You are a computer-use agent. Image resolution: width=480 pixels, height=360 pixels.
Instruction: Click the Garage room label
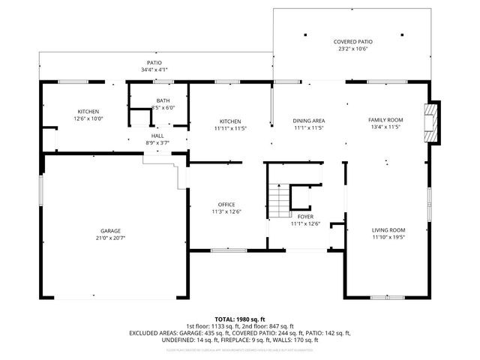(x=111, y=231)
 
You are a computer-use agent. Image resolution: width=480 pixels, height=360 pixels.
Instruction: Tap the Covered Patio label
(x=352, y=42)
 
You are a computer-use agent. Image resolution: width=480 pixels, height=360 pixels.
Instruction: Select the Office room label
(x=227, y=204)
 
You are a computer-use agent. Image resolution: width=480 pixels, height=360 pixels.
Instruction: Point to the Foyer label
(x=305, y=216)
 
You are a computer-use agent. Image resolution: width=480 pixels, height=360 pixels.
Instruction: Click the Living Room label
(x=388, y=230)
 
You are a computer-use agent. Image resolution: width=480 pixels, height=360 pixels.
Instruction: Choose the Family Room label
(x=385, y=120)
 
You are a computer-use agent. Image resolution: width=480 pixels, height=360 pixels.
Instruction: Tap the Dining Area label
(x=308, y=120)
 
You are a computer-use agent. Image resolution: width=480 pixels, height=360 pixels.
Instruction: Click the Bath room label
(x=163, y=100)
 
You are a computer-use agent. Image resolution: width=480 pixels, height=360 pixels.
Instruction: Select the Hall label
(x=157, y=136)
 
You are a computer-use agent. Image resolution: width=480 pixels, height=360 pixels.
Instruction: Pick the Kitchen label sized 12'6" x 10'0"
(x=88, y=118)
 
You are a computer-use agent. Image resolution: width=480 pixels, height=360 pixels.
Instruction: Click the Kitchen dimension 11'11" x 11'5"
(x=229, y=128)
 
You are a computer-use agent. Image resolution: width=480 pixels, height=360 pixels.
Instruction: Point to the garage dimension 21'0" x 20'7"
(x=111, y=238)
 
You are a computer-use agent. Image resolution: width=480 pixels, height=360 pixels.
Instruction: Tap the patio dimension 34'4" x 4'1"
(x=154, y=70)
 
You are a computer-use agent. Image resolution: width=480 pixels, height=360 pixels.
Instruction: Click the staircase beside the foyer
(x=280, y=199)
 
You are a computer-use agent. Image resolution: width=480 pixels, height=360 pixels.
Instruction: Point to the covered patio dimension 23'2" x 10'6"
(x=352, y=49)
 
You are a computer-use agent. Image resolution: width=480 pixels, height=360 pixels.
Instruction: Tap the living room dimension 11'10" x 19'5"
(x=388, y=237)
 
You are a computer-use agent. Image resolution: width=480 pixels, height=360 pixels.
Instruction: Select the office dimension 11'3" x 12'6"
(x=227, y=211)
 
